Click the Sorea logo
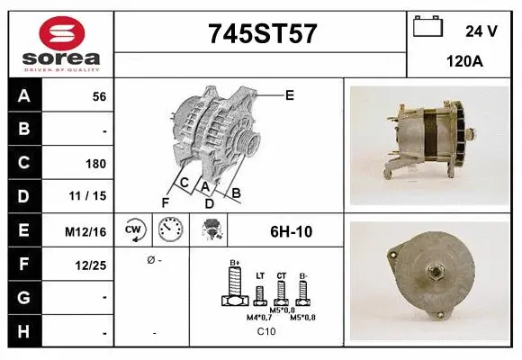tap(60, 43)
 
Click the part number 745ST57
tap(262, 34)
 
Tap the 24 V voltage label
tap(481, 31)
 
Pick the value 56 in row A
tap(99, 97)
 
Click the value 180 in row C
tap(96, 164)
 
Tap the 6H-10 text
tap(291, 231)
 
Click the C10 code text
tap(266, 332)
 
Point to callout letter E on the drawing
tap(289, 94)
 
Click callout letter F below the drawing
tap(166, 202)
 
